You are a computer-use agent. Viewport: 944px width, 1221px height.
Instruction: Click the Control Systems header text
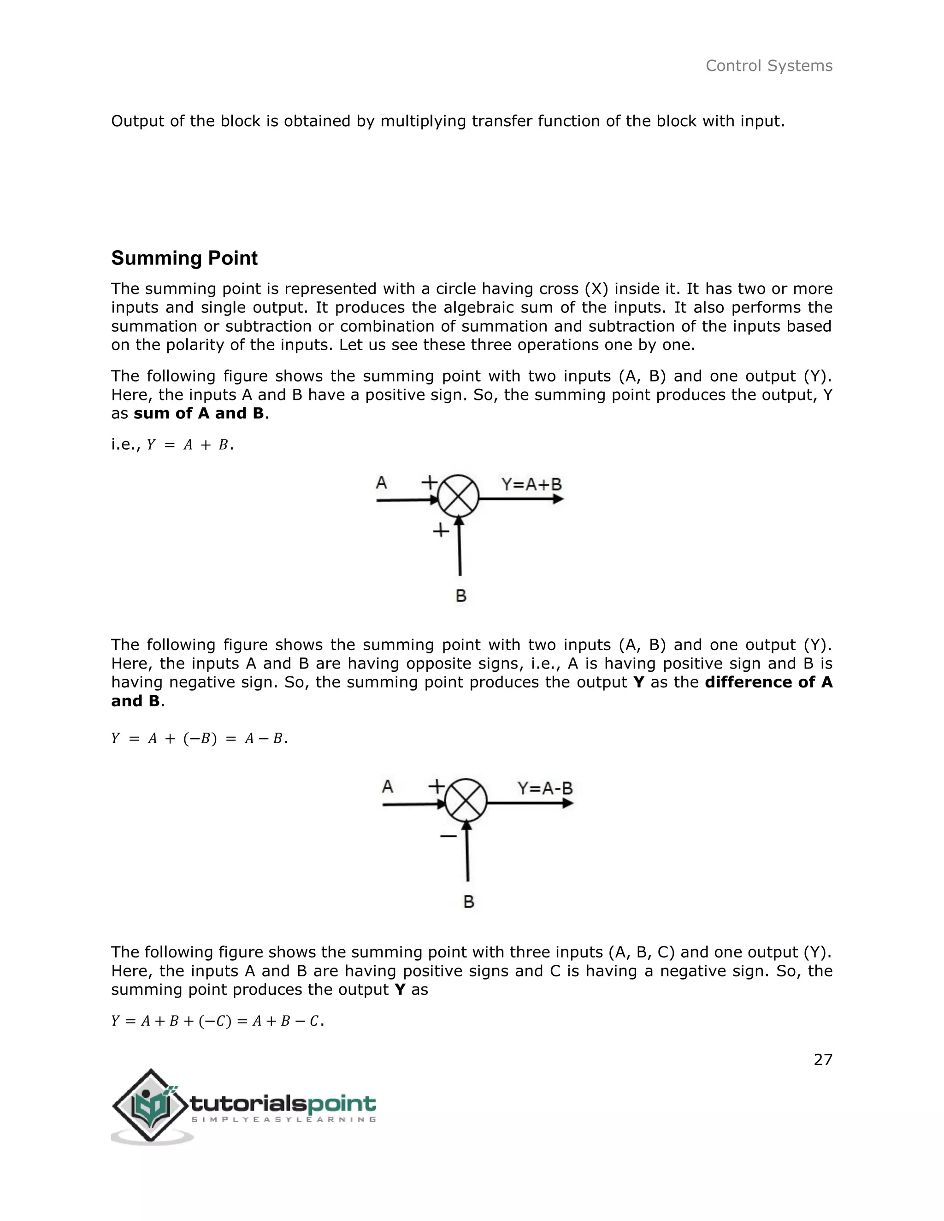click(768, 66)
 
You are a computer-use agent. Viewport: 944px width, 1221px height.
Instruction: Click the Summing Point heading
click(184, 258)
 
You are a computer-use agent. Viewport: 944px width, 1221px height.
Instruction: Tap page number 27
click(823, 1059)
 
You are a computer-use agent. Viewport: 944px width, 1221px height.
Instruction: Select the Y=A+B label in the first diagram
click(531, 484)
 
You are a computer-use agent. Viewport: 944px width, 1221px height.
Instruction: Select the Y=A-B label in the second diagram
click(545, 788)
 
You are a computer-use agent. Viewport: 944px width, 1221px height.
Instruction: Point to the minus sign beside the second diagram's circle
click(448, 836)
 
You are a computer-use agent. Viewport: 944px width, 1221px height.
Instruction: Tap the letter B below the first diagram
click(461, 596)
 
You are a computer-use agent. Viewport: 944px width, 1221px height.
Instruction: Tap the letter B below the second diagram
click(469, 901)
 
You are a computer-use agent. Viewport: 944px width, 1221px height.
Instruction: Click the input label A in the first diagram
click(381, 482)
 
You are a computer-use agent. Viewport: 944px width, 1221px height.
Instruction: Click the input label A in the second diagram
click(388, 787)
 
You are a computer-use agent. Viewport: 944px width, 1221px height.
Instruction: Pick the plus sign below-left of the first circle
click(441, 530)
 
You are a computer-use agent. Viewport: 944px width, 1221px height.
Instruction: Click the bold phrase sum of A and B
click(199, 413)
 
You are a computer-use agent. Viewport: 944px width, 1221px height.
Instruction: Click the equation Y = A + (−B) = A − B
click(199, 739)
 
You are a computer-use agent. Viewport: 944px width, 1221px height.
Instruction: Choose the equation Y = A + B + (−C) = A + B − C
click(218, 1021)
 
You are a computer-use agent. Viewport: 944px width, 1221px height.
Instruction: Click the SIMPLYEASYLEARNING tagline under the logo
click(283, 1119)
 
